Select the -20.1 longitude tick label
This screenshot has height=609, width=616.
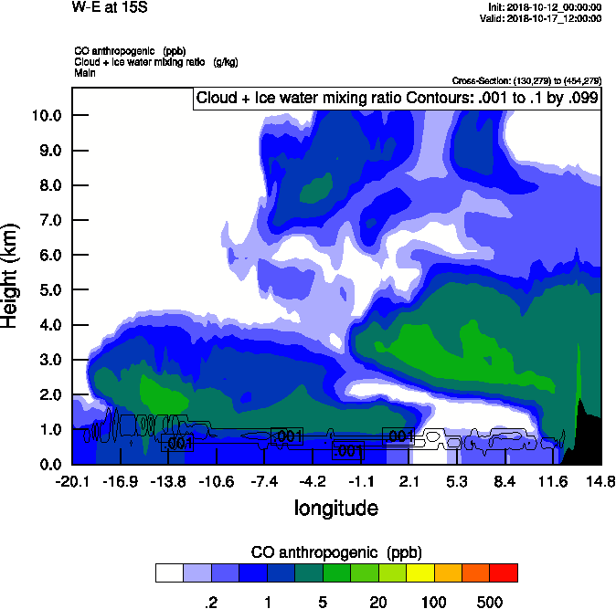(x=71, y=481)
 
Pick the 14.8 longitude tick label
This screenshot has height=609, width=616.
(x=600, y=481)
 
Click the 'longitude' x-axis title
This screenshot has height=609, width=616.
(x=335, y=508)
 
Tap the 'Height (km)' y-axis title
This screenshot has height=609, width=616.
(x=11, y=276)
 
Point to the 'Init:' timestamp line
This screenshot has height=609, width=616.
(x=545, y=7)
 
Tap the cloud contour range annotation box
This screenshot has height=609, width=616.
(x=397, y=99)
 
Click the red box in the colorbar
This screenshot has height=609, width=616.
(x=503, y=573)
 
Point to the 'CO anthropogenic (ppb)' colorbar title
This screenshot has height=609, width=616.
(x=335, y=552)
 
